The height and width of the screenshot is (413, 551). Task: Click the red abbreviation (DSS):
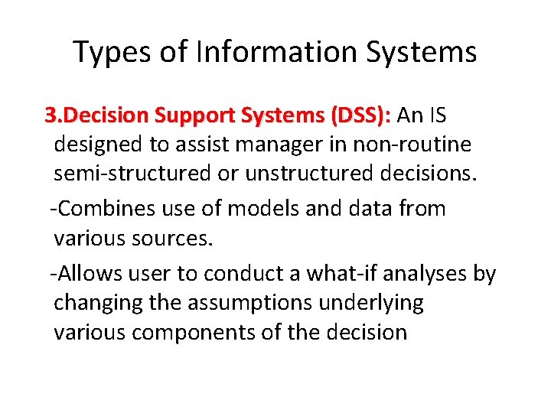(x=360, y=116)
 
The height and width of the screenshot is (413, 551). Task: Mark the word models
(x=262, y=209)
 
